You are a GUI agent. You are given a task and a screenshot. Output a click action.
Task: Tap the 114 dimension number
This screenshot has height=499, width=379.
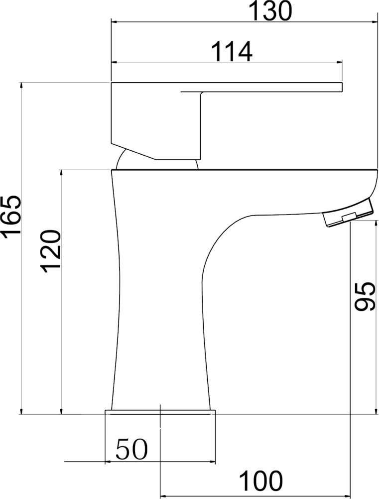(x=232, y=52)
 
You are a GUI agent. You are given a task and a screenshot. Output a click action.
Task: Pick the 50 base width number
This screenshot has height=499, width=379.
(x=132, y=450)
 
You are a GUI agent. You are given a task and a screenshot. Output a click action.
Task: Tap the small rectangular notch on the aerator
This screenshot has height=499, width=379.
(x=348, y=217)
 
